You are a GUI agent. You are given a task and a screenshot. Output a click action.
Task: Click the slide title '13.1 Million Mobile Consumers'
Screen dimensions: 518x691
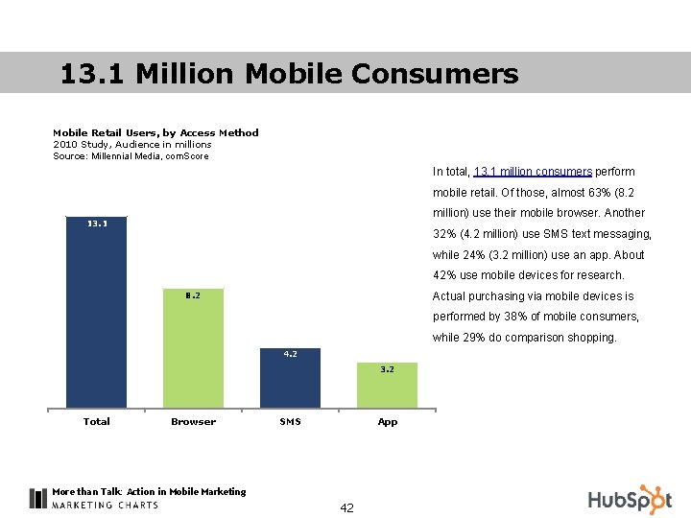pyautogui.click(x=289, y=74)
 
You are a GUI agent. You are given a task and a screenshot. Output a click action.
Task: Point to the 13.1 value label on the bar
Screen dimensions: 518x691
pyautogui.click(x=97, y=224)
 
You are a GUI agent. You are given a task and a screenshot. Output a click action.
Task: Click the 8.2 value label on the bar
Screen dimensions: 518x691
pyautogui.click(x=193, y=295)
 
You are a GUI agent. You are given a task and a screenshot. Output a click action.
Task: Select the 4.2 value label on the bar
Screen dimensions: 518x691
pyautogui.click(x=290, y=354)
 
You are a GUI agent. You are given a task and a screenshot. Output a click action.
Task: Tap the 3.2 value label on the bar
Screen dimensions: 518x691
pyautogui.click(x=386, y=368)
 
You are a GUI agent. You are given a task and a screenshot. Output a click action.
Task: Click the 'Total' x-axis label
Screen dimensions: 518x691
pyautogui.click(x=97, y=421)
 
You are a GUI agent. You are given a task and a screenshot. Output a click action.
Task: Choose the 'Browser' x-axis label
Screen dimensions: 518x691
pyautogui.click(x=193, y=421)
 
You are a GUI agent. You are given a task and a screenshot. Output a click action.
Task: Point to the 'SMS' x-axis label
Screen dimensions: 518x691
pyautogui.click(x=290, y=421)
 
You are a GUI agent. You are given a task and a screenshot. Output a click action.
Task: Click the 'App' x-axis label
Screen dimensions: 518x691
pyautogui.click(x=387, y=421)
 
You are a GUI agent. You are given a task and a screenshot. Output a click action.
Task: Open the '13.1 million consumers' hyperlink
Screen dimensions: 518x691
pyautogui.click(x=533, y=172)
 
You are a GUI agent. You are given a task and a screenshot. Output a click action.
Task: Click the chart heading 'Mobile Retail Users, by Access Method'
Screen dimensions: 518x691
pyautogui.click(x=155, y=132)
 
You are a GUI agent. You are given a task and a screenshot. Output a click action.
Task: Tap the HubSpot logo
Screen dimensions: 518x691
pyautogui.click(x=630, y=499)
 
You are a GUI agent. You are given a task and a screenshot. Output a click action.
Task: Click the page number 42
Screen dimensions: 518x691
pyautogui.click(x=346, y=507)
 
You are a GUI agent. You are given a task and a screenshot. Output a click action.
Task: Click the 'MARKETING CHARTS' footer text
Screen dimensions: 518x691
pyautogui.click(x=106, y=506)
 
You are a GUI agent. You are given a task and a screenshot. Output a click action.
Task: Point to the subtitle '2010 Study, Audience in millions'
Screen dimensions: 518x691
pyautogui.click(x=132, y=144)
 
